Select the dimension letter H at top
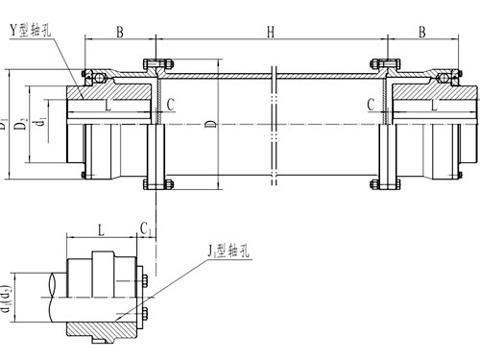(272, 33)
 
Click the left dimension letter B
(119, 33)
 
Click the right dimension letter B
(423, 33)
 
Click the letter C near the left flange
(170, 105)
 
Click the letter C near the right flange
(371, 105)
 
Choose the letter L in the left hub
(108, 105)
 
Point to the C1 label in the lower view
(145, 230)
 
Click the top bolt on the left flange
(154, 64)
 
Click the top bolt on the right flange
(390, 64)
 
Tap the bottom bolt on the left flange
(154, 182)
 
